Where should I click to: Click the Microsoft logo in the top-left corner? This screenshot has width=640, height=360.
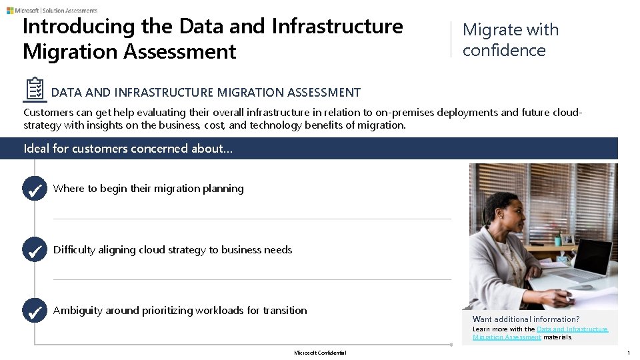[x=10, y=11]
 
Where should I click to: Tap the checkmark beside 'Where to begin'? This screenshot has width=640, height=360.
[x=34, y=189]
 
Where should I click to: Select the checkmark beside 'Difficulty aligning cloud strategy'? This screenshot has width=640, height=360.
[x=34, y=250]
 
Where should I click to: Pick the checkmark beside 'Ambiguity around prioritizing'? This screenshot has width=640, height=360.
[x=34, y=311]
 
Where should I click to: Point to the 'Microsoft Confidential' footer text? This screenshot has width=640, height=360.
[x=320, y=353]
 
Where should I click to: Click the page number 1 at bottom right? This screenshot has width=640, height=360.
[x=628, y=353]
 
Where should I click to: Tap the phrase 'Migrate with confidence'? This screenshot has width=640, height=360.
[x=511, y=40]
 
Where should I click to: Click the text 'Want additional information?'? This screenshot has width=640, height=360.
[x=526, y=319]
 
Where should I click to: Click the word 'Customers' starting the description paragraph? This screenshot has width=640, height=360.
[x=49, y=113]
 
